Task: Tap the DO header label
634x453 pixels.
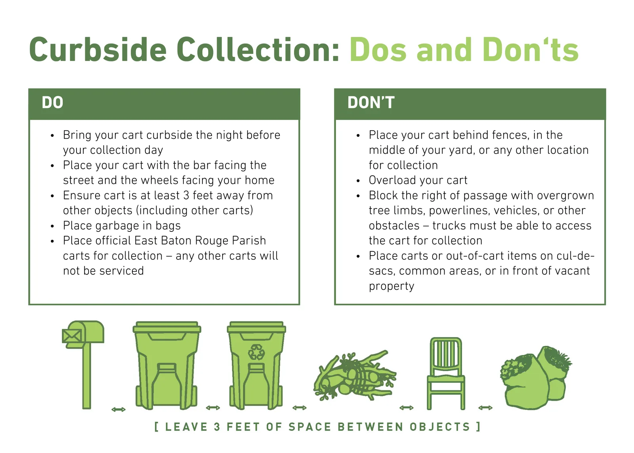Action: click(52, 102)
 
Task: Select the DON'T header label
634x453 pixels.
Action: click(371, 102)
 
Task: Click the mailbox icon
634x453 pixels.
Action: click(83, 365)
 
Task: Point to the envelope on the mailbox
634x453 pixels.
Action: click(72, 336)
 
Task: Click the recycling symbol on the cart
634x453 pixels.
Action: click(256, 352)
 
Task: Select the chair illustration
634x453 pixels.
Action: click(446, 373)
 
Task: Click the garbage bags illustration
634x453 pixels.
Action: click(536, 377)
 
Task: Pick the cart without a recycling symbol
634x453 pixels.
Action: click(167, 365)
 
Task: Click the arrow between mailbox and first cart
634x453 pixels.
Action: click(118, 409)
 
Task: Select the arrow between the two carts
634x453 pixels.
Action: click(213, 408)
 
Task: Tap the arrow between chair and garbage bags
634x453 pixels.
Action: click(485, 408)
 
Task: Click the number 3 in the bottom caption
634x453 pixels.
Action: click(217, 427)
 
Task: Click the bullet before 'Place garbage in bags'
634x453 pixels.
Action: click(52, 226)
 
